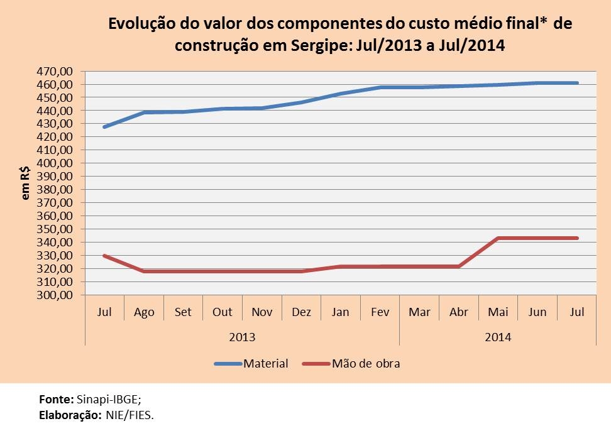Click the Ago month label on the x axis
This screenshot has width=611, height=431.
144,312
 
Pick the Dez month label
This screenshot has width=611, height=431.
301,312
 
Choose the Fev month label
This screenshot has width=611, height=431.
380,312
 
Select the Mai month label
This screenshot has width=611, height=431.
498,312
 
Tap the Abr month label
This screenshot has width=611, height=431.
458,312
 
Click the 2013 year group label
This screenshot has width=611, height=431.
242,337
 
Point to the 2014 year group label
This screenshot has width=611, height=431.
498,337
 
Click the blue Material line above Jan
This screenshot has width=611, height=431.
341,94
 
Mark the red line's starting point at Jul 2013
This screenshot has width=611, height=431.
105,256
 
